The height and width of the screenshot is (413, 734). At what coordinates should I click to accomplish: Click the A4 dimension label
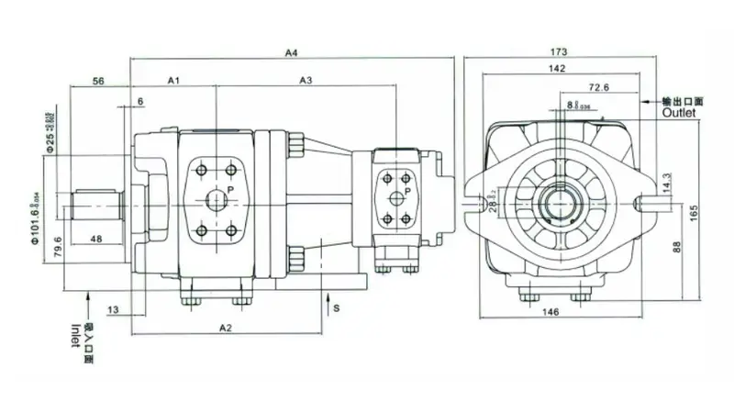pos(292,53)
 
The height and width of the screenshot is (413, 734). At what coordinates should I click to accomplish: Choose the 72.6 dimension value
pos(600,87)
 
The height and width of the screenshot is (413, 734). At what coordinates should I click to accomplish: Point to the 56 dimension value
pos(99,81)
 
